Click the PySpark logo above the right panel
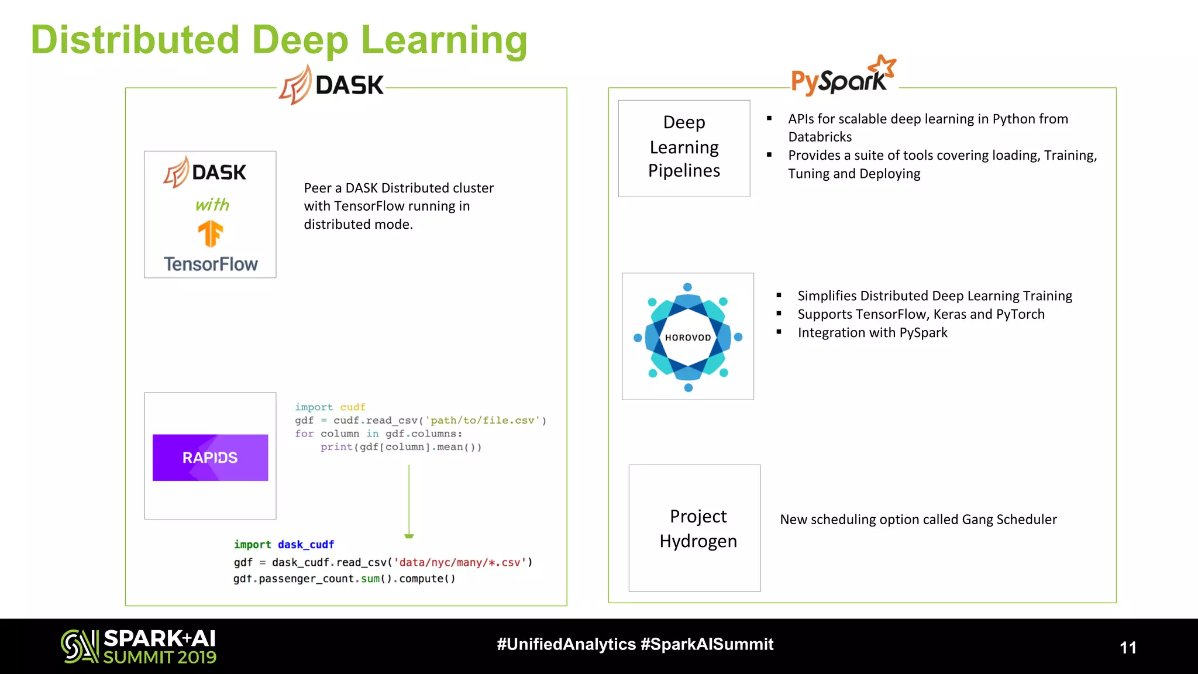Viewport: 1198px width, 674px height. tap(842, 77)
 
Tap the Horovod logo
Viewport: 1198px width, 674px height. tap(688, 337)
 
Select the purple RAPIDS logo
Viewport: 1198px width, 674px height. tap(210, 458)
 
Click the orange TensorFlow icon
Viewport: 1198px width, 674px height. tap(211, 234)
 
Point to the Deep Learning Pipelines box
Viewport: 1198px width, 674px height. tap(684, 148)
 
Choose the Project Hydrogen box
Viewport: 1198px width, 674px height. tap(694, 528)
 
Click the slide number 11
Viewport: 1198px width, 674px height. tap(1128, 648)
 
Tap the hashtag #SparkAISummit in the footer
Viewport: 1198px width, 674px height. tap(707, 644)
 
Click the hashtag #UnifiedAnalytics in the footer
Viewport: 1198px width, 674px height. tap(566, 644)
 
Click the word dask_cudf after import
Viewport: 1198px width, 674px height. tap(306, 545)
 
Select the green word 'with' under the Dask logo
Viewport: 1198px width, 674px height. tap(212, 205)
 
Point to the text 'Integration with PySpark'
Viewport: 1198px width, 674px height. tap(872, 333)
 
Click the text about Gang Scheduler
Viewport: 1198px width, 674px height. tap(918, 520)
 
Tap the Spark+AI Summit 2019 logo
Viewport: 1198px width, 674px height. tap(139, 647)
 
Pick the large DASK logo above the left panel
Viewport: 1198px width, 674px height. tap(331, 85)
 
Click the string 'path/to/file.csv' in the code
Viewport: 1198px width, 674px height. tap(483, 421)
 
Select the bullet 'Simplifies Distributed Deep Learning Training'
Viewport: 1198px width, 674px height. tap(934, 296)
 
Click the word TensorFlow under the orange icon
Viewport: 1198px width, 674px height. tap(211, 264)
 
